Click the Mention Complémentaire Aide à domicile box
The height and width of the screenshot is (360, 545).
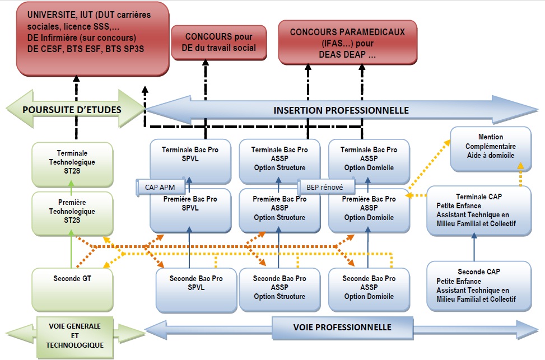pos(491,147)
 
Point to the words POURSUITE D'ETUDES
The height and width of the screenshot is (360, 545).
pos(72,109)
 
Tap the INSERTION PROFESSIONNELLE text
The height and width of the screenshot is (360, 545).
pos(341,110)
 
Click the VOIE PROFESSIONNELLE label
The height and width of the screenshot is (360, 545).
pos(342,327)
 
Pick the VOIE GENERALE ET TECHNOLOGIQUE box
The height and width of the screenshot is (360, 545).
pos(75,335)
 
